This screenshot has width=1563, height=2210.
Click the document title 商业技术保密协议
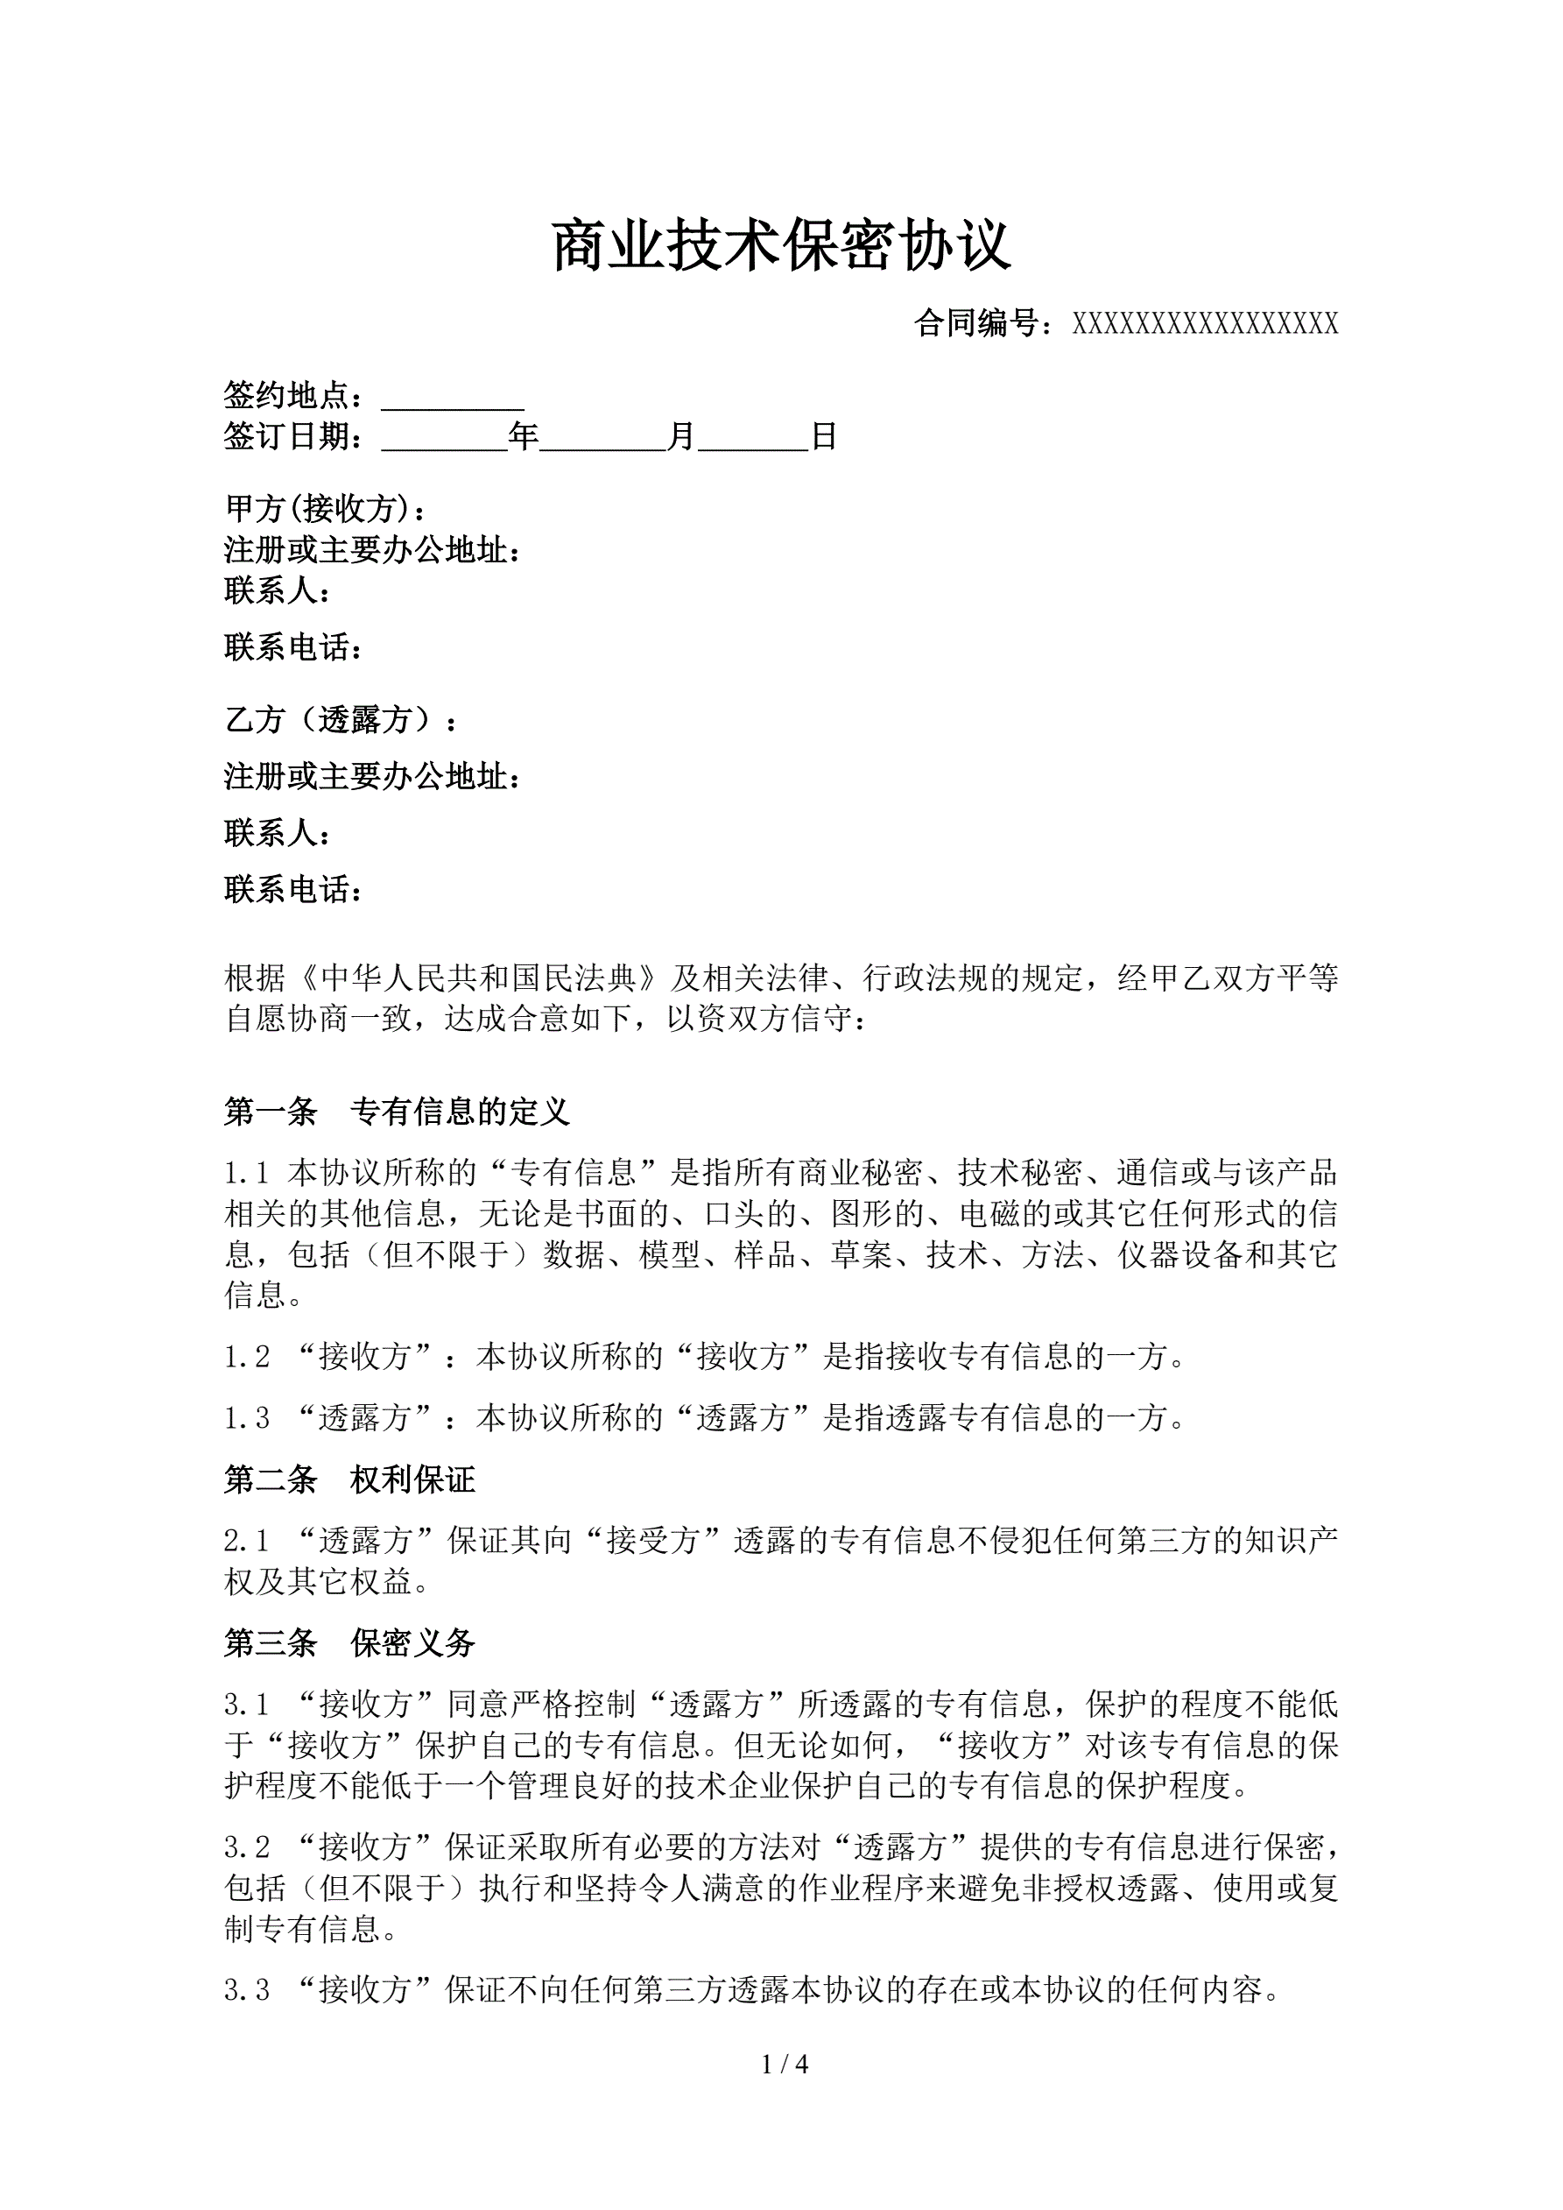pyautogui.click(x=781, y=246)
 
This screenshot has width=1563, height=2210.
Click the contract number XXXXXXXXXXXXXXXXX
pyautogui.click(x=1205, y=324)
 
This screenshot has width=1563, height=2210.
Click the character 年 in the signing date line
pyautogui.click(x=524, y=437)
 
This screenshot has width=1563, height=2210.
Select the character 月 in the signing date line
pyautogui.click(x=681, y=437)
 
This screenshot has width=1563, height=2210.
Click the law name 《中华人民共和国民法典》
pyautogui.click(x=478, y=979)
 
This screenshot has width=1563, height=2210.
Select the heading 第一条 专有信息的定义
pyautogui.click(x=397, y=1112)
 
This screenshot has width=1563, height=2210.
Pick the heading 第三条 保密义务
pyautogui.click(x=349, y=1643)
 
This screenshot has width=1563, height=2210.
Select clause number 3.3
pyautogui.click(x=246, y=1989)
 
